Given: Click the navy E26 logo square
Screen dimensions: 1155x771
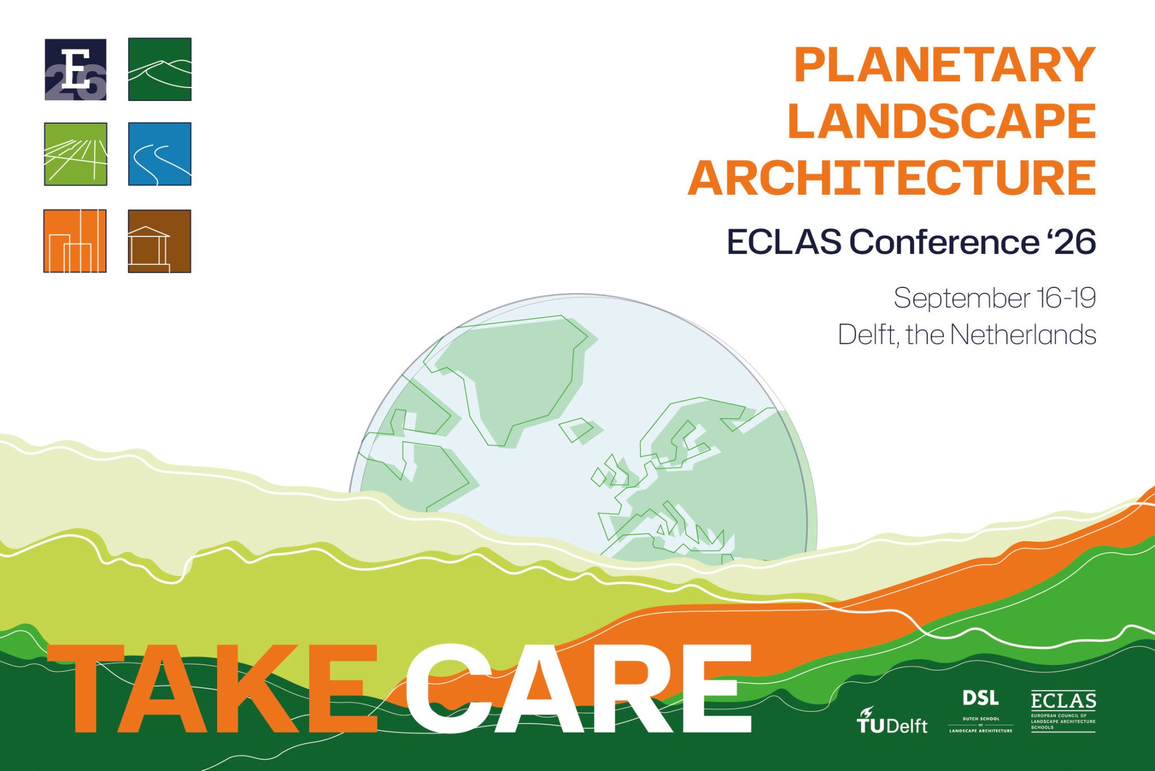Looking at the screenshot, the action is [76, 69].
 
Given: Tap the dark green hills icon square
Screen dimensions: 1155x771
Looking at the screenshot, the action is [160, 69].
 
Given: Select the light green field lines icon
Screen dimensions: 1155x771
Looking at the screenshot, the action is [76, 154].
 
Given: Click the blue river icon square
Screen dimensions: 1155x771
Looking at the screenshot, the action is [160, 154].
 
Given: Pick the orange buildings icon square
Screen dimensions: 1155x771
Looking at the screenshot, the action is [75, 241].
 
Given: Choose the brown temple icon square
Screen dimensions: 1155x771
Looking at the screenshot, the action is [160, 241].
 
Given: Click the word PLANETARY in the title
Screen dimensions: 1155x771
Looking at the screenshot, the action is [945, 65].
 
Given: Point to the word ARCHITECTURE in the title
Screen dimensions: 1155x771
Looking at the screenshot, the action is [892, 177].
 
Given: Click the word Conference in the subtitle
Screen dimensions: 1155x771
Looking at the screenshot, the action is [944, 242].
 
